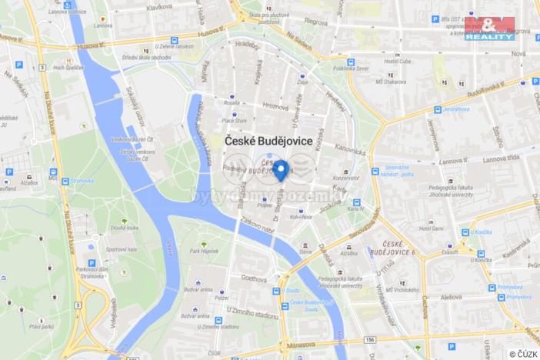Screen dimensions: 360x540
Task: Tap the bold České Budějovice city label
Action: click(x=268, y=142)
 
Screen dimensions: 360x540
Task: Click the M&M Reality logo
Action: click(x=489, y=28)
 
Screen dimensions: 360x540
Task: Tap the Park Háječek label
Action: click(x=204, y=251)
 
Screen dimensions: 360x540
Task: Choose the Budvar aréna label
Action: click(x=198, y=289)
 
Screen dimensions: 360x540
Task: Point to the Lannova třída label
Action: click(x=502, y=158)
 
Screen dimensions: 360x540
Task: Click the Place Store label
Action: click(x=235, y=120)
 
